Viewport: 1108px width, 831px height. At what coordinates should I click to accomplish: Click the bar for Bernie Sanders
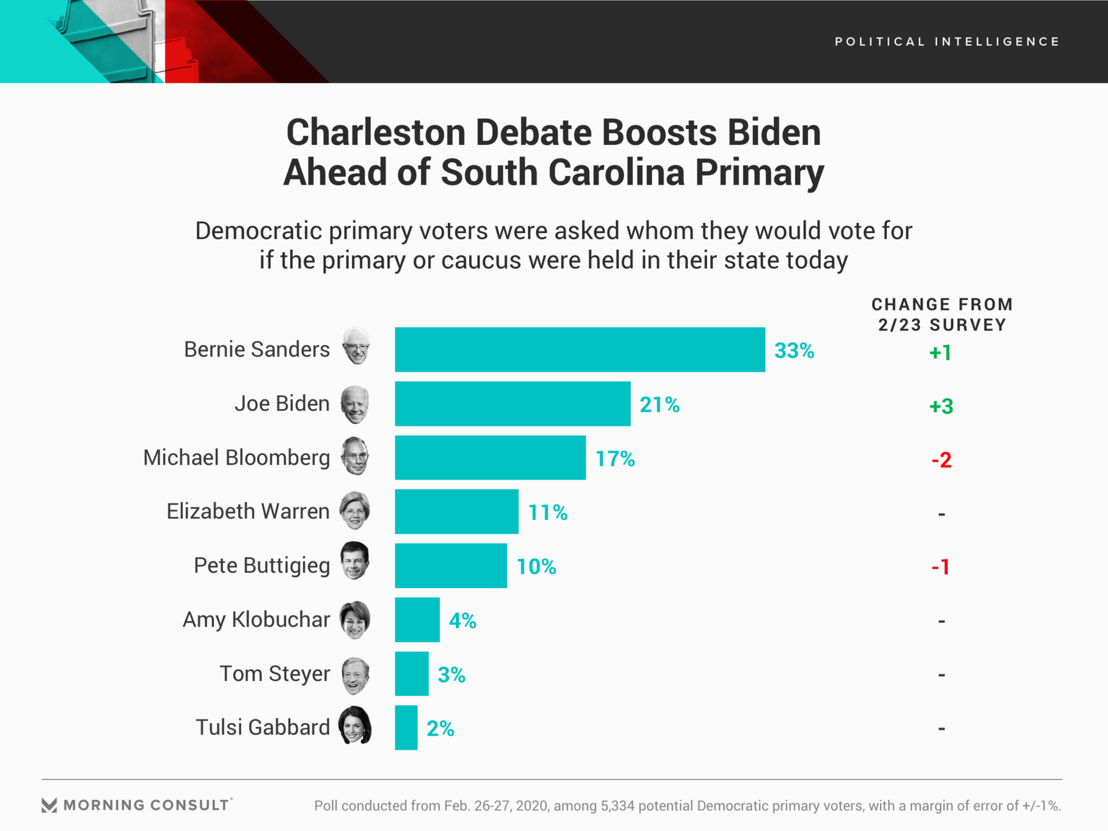click(x=579, y=350)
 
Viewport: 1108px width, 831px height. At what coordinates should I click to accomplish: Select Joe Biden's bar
click(x=512, y=404)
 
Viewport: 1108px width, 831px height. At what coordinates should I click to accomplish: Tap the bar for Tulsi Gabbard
click(x=406, y=728)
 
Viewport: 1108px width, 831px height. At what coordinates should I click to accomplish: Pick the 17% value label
click(x=615, y=459)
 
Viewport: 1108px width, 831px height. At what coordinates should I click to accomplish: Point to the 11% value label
click(x=548, y=512)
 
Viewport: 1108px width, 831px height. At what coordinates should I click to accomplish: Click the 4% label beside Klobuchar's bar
click(x=462, y=620)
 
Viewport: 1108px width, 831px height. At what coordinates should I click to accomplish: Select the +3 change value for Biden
click(x=941, y=406)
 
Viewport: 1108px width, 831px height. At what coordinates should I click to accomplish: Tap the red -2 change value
click(x=941, y=460)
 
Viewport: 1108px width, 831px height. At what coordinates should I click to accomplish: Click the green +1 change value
click(x=940, y=352)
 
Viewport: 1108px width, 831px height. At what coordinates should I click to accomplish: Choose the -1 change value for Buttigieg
click(x=940, y=567)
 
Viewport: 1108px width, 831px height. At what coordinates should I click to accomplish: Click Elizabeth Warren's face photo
click(x=354, y=511)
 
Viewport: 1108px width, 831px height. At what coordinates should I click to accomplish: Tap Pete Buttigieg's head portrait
click(x=354, y=561)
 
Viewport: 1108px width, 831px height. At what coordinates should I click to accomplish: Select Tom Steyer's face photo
click(x=355, y=676)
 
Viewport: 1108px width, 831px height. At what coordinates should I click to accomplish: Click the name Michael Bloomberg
click(x=237, y=458)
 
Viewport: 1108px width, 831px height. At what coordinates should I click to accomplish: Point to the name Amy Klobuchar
click(x=256, y=619)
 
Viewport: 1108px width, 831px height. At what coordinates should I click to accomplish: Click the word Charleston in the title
click(x=376, y=132)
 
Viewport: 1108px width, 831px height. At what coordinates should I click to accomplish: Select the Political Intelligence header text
click(x=947, y=42)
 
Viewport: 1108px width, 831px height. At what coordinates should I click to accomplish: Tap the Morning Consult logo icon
click(x=49, y=805)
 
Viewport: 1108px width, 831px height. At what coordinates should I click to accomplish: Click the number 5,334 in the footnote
click(x=617, y=806)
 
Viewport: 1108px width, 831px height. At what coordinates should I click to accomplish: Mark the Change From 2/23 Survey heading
click(x=942, y=315)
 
